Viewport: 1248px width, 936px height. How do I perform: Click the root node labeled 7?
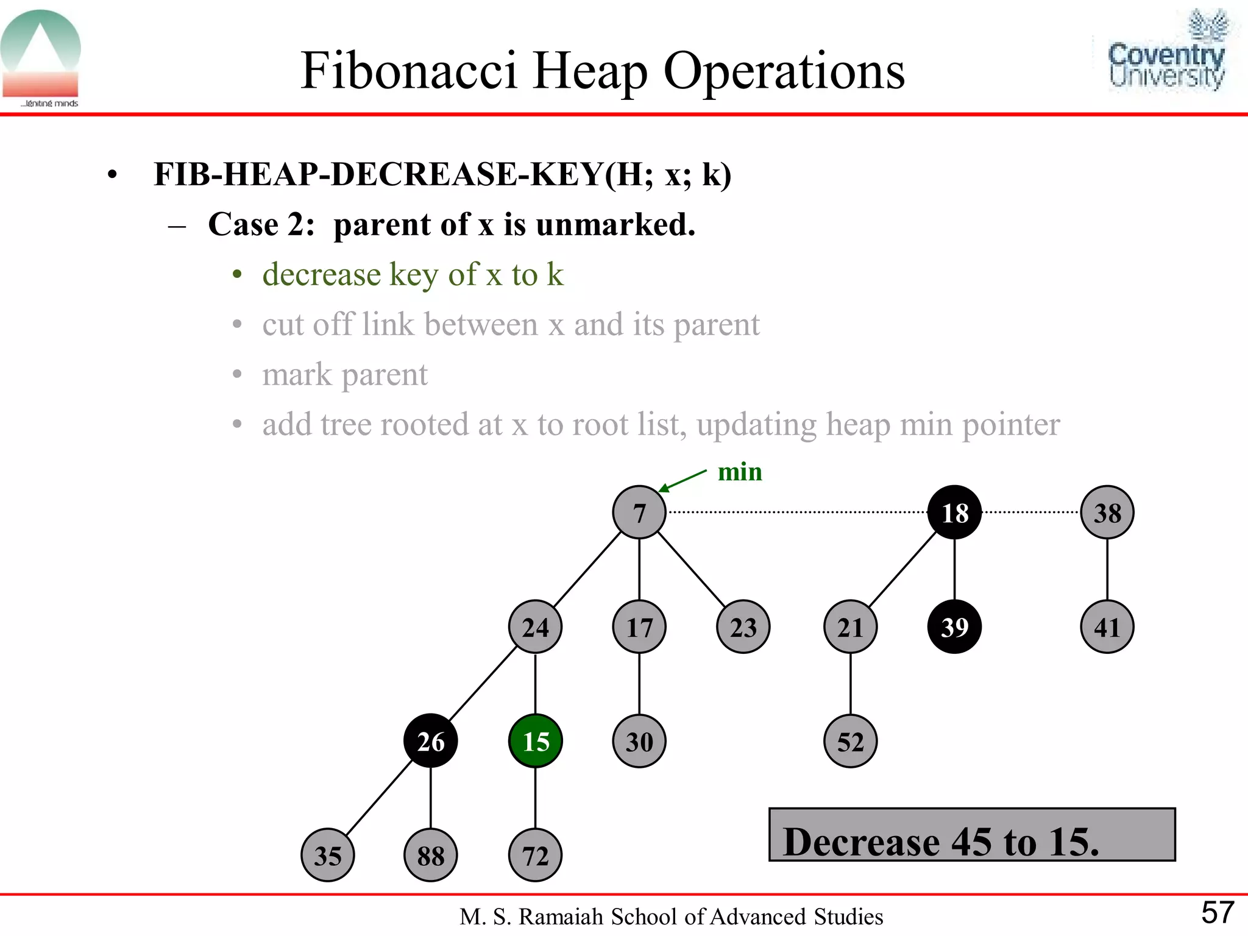click(639, 512)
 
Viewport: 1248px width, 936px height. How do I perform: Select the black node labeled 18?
click(954, 512)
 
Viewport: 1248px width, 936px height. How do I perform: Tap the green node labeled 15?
click(535, 741)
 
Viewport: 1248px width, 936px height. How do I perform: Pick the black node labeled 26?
click(430, 741)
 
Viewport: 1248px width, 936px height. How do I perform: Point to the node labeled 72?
click(535, 855)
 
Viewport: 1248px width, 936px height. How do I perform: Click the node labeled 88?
click(430, 855)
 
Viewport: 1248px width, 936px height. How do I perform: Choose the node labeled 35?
click(327, 855)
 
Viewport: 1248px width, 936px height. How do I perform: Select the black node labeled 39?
click(954, 627)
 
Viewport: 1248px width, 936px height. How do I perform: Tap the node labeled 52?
click(850, 741)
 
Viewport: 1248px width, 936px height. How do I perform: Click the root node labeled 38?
click(1107, 512)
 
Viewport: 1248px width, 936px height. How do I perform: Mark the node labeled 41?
click(1107, 627)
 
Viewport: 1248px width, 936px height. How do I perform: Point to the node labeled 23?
click(743, 627)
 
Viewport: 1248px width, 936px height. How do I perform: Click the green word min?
click(740, 472)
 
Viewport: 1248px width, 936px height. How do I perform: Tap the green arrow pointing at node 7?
click(682, 480)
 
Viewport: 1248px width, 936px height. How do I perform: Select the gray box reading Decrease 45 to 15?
click(972, 835)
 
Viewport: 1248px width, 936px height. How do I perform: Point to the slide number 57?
click(1217, 912)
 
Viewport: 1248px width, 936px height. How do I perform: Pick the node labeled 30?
click(639, 741)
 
